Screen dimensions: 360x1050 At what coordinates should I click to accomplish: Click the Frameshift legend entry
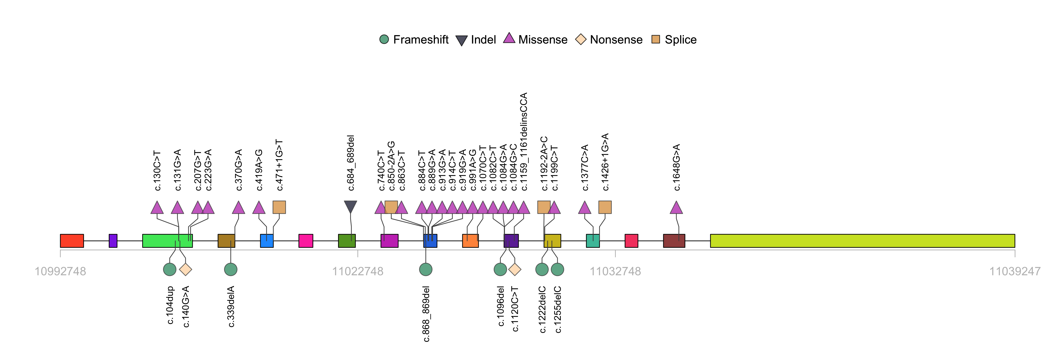[414, 40]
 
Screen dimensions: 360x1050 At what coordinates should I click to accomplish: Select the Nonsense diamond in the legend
[580, 40]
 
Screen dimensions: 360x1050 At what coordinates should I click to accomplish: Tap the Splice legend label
[680, 40]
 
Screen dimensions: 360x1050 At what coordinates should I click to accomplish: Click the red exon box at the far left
[72, 241]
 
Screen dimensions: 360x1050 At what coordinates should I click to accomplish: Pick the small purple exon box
[113, 241]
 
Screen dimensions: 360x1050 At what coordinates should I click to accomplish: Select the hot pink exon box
[306, 241]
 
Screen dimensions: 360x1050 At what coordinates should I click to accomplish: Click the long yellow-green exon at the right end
[862, 241]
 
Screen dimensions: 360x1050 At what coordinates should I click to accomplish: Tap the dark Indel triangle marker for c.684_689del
[350, 206]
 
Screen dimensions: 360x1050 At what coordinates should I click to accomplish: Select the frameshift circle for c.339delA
[231, 269]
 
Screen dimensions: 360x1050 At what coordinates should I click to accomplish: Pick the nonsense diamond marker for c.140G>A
[186, 269]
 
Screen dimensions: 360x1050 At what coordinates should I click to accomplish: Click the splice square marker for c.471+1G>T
[279, 207]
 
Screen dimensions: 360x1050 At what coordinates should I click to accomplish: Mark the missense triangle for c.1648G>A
[676, 208]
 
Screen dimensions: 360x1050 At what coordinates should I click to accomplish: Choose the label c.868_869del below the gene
[426, 314]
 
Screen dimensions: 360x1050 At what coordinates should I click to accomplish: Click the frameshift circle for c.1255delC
[557, 269]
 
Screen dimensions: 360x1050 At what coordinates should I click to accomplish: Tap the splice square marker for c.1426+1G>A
[605, 207]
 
